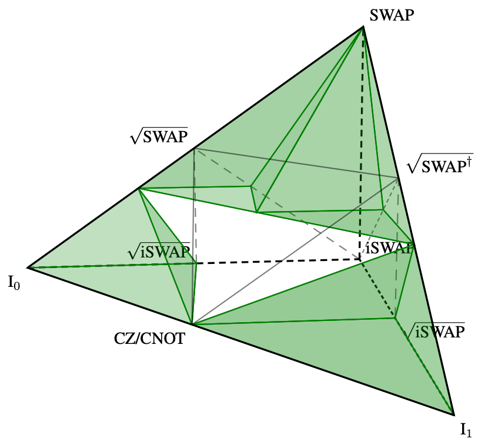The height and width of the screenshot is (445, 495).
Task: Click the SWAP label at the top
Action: pyautogui.click(x=392, y=16)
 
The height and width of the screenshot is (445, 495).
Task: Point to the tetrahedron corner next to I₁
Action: pyautogui.click(x=454, y=413)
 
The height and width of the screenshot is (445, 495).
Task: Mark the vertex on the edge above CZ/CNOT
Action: pyautogui.click(x=192, y=324)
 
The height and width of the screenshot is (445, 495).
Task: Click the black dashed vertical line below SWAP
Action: pyautogui.click(x=361, y=147)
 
